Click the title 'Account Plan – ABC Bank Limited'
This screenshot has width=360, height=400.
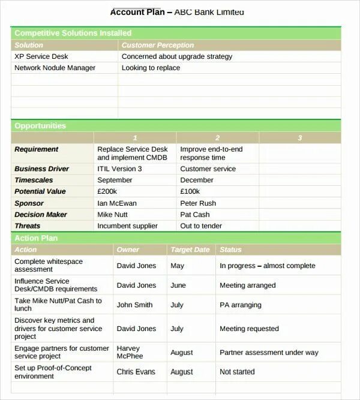178,12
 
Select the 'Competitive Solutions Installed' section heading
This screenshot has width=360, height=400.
73,33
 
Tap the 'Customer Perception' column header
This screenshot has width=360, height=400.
158,45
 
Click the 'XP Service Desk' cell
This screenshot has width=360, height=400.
41,56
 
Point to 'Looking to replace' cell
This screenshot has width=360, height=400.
151,68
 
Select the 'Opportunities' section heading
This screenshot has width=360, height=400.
40,126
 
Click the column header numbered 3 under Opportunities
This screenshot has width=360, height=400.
300,138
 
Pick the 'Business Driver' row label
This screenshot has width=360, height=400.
42,169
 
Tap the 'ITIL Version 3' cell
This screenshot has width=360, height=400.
119,169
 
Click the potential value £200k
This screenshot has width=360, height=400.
107,191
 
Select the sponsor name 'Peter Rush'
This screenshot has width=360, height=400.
198,203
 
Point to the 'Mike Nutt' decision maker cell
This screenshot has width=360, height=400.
112,215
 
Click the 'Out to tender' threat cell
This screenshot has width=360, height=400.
201,226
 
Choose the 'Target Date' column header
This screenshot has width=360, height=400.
190,249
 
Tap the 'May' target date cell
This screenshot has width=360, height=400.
177,266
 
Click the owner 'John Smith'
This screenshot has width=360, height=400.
134,305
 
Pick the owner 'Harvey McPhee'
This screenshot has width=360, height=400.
130,352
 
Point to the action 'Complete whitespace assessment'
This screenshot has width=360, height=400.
49,266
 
